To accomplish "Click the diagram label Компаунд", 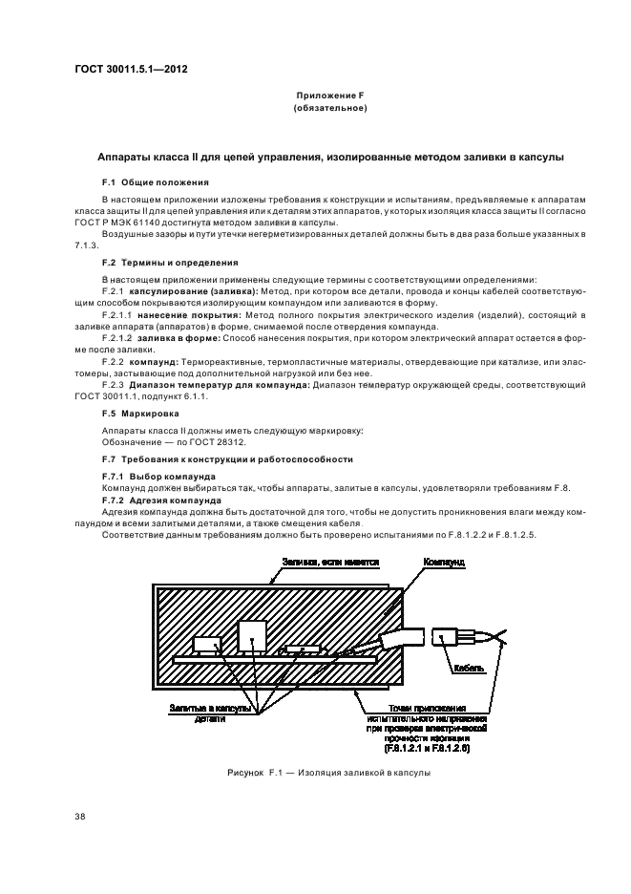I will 443,564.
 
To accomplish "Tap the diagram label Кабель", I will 472,669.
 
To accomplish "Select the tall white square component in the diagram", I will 253,635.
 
